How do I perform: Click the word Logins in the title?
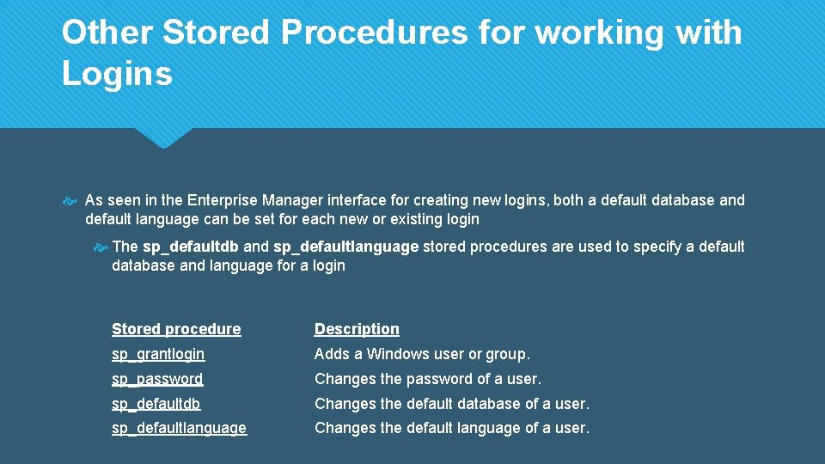tap(117, 75)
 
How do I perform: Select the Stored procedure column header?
tap(176, 329)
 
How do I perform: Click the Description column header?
tap(357, 329)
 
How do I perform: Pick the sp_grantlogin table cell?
tap(158, 354)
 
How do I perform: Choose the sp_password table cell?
tap(157, 379)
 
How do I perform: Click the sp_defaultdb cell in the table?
tap(156, 404)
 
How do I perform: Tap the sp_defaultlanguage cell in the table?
tap(179, 428)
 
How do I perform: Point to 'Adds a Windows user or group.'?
tap(422, 354)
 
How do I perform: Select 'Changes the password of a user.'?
tap(428, 379)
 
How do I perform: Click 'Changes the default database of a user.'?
tap(452, 404)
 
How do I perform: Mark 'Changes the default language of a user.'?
tap(452, 428)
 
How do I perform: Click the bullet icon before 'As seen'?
tap(70, 201)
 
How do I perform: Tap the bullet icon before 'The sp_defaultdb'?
tap(100, 247)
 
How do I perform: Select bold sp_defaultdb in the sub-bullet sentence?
tap(191, 247)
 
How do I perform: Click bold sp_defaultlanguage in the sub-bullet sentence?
tap(345, 247)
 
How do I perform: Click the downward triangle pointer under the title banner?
tap(163, 138)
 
